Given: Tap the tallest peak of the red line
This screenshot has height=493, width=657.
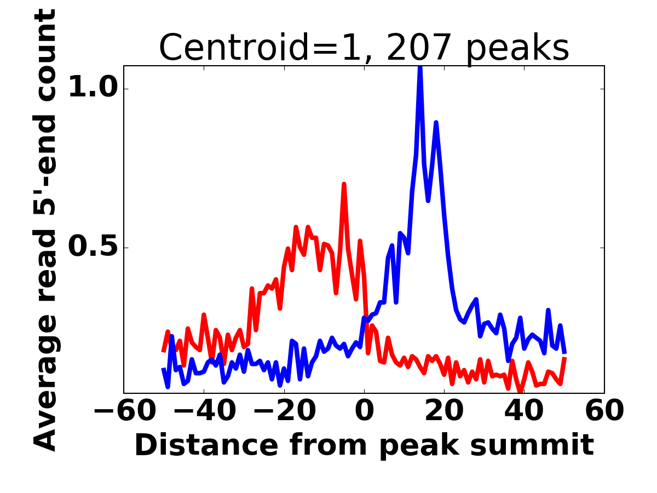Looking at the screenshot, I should tap(344, 185).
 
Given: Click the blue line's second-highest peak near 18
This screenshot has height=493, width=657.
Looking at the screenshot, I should tap(436, 123).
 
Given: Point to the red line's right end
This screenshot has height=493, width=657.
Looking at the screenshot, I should tap(564, 358).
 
